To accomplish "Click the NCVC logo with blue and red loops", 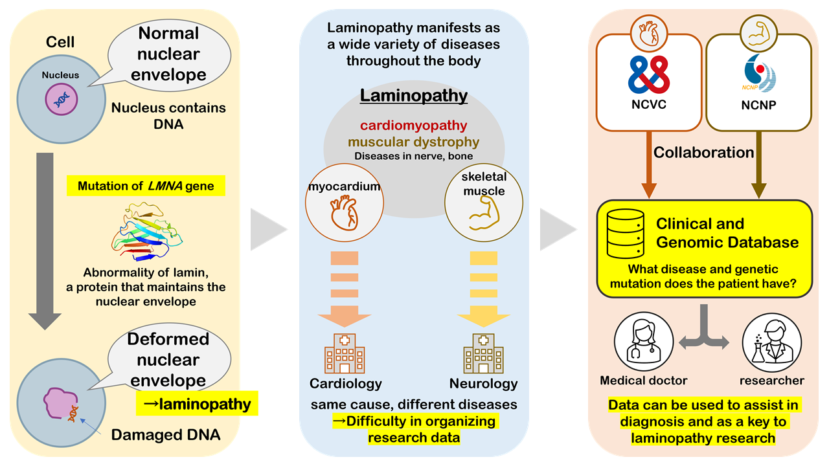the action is (649, 74).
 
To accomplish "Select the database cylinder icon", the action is (626, 234).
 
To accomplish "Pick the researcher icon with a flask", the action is (772, 343).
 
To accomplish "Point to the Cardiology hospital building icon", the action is (345, 353).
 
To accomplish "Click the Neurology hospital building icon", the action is (483, 353).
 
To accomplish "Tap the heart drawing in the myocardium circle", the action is (345, 213).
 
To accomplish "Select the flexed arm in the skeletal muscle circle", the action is (484, 213).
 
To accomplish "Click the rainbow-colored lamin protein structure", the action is (147, 232).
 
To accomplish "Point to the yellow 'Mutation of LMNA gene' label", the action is (146, 186).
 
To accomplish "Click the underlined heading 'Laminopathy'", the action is (414, 96).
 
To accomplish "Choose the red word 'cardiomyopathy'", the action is (414, 126).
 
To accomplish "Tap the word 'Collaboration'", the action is (703, 152).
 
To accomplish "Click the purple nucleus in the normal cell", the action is (62, 99).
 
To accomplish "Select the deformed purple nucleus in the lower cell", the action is (60, 403).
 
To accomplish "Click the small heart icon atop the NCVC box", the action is (649, 34).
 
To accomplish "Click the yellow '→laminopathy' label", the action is (197, 403).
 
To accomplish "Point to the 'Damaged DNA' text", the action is (166, 435).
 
